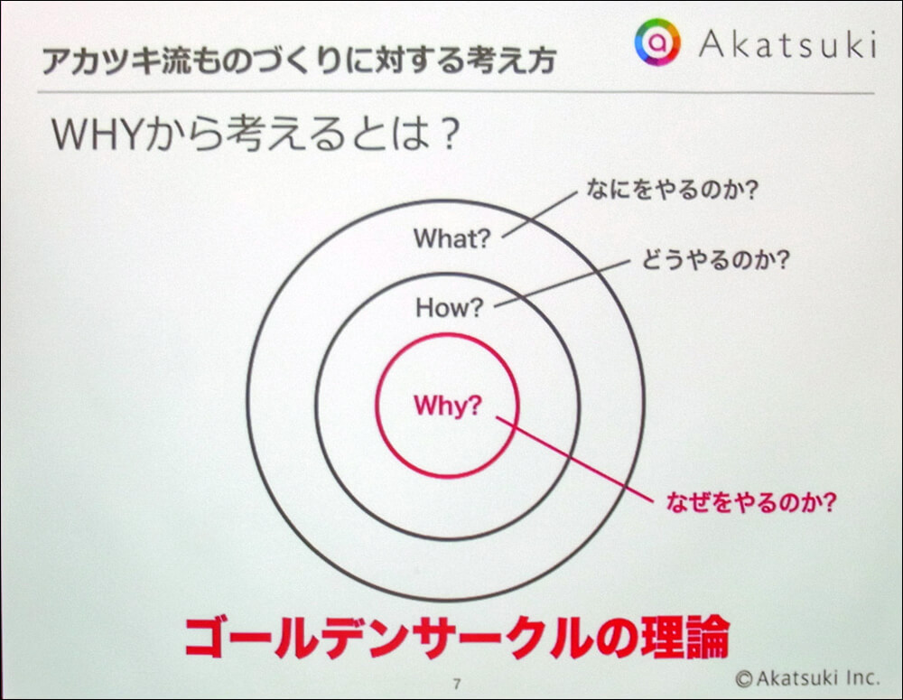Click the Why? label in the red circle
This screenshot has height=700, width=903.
pos(448,406)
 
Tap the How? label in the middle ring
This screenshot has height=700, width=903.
pos(449,308)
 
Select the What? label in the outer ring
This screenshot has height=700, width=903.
pos(451,238)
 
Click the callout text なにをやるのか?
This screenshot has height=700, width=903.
pos(672,189)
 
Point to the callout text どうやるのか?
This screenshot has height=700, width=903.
pos(715,260)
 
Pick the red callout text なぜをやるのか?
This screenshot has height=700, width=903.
pos(750,502)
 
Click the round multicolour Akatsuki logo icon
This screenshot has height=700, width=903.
pos(657,41)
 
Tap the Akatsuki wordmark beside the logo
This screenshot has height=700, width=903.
pos(787,43)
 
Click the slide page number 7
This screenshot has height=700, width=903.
pos(457,684)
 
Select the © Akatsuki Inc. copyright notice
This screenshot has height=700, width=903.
pos(808,677)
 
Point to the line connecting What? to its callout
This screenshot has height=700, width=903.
pos(539,214)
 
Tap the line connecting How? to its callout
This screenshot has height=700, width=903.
pos(562,284)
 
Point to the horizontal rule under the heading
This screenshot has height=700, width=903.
pos(455,92)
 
